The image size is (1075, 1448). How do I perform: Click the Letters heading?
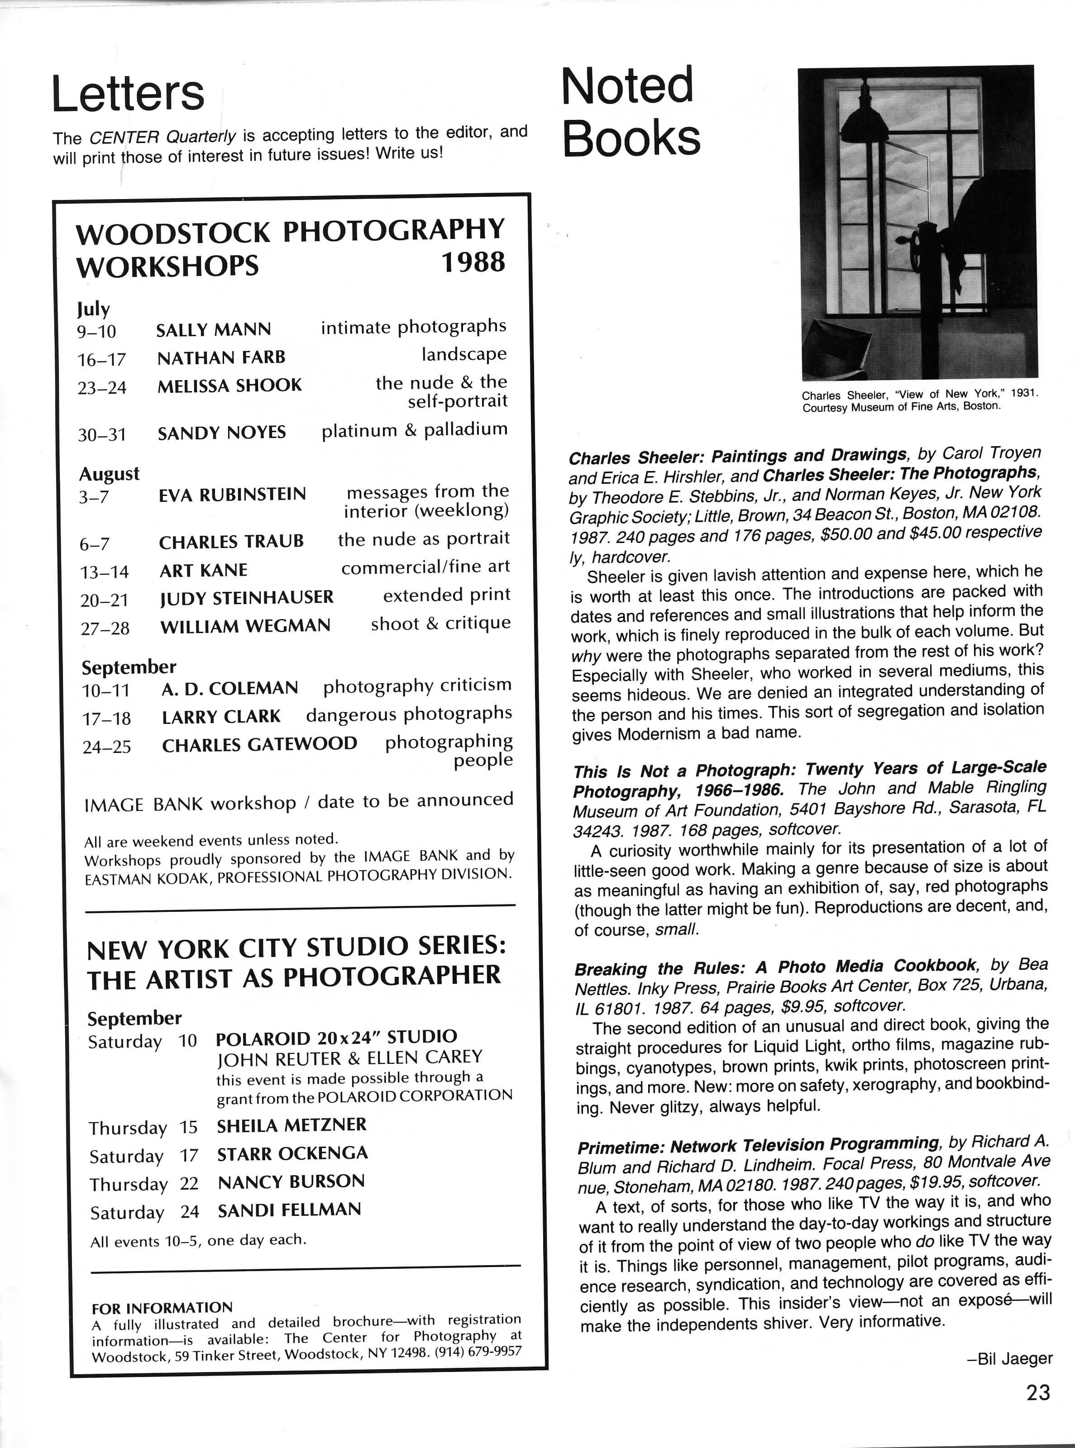(x=128, y=94)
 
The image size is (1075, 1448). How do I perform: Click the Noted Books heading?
(x=630, y=112)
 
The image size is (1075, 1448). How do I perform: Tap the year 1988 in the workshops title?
(x=473, y=262)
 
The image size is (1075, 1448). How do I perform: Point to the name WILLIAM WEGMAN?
(x=245, y=626)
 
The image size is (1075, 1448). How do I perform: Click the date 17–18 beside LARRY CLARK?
(x=107, y=719)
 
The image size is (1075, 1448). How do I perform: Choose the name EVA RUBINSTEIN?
(x=232, y=495)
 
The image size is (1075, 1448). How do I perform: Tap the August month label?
(x=110, y=474)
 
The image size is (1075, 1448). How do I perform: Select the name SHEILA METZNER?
(x=291, y=1125)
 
